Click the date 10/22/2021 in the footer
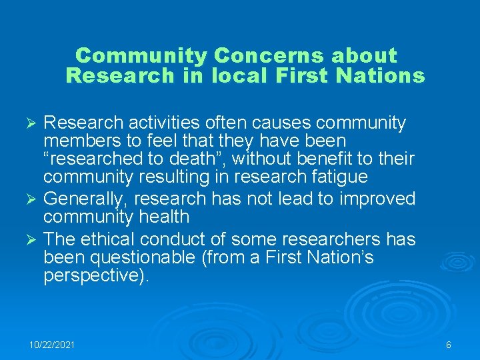point(52,345)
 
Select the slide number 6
point(449,345)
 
